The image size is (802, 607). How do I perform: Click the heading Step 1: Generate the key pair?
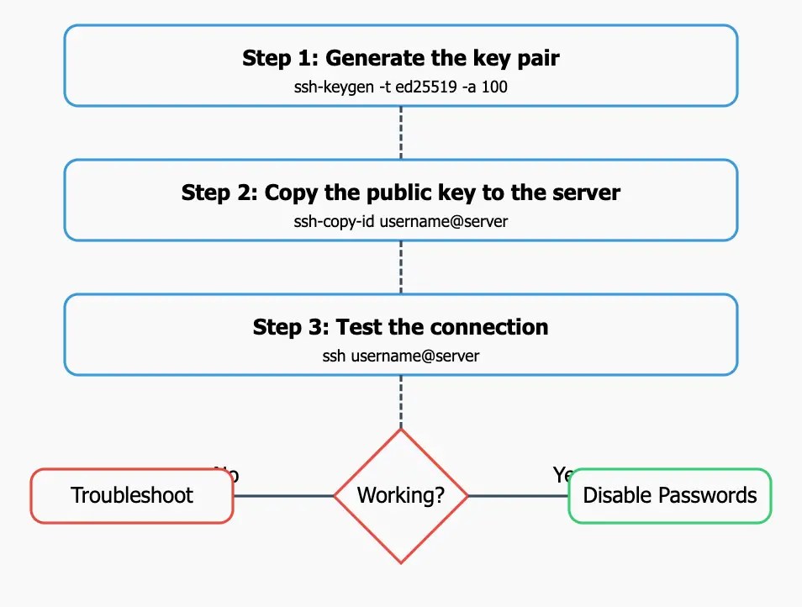(x=401, y=58)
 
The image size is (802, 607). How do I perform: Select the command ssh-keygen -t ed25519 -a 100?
(x=401, y=87)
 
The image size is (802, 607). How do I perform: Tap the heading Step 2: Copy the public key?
(x=401, y=193)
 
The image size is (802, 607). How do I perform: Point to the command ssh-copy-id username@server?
(x=401, y=222)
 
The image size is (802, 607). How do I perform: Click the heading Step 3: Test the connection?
(x=401, y=327)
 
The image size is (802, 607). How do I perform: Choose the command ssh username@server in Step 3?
(x=401, y=356)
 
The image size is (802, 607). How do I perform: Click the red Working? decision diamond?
(x=401, y=496)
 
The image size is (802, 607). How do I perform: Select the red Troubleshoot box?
(x=132, y=496)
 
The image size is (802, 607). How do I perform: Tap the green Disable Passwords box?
(x=670, y=496)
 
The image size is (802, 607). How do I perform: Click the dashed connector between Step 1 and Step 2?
(x=401, y=133)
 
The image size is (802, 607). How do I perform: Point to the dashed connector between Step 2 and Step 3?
(x=401, y=267)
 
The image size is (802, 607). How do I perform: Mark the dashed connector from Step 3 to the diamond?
(x=401, y=402)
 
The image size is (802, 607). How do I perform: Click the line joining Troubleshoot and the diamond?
(x=283, y=496)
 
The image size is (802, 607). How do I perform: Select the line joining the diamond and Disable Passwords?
(x=518, y=496)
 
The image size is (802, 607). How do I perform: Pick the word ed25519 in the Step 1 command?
(x=427, y=87)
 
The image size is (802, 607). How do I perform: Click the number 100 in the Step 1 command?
(x=494, y=87)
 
